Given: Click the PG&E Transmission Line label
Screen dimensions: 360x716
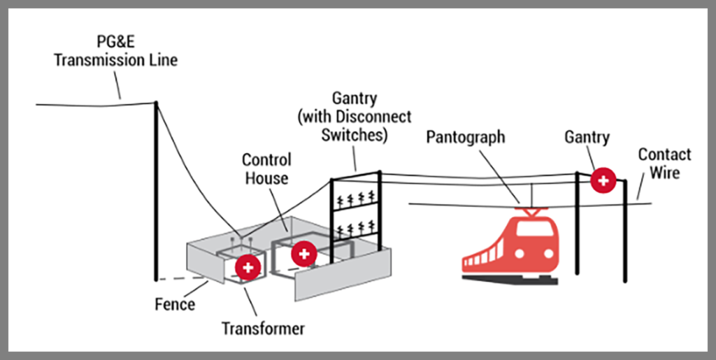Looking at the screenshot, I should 116,51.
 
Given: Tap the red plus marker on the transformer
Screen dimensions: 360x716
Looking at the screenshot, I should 248,266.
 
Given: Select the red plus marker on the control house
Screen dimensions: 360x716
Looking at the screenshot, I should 303,253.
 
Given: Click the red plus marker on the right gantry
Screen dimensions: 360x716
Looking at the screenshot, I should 603,181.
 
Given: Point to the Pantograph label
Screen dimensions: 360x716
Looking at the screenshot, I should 466,136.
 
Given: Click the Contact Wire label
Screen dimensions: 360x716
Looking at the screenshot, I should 664,163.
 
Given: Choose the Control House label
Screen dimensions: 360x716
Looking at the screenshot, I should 266,168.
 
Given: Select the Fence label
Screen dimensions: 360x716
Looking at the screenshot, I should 175,305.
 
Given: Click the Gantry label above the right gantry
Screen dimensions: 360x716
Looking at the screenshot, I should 587,137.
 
